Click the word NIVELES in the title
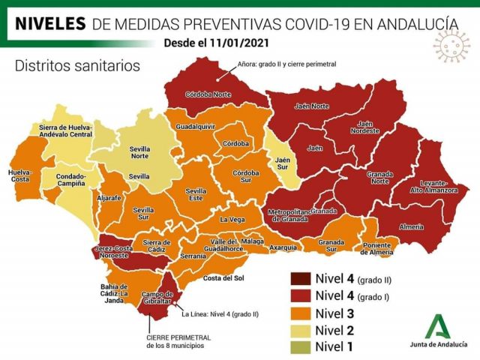(x=49, y=23)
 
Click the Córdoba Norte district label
(x=208, y=94)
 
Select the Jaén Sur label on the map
(x=282, y=162)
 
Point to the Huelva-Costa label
(x=20, y=175)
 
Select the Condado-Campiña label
(x=72, y=181)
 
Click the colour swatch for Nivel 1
(x=301, y=346)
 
